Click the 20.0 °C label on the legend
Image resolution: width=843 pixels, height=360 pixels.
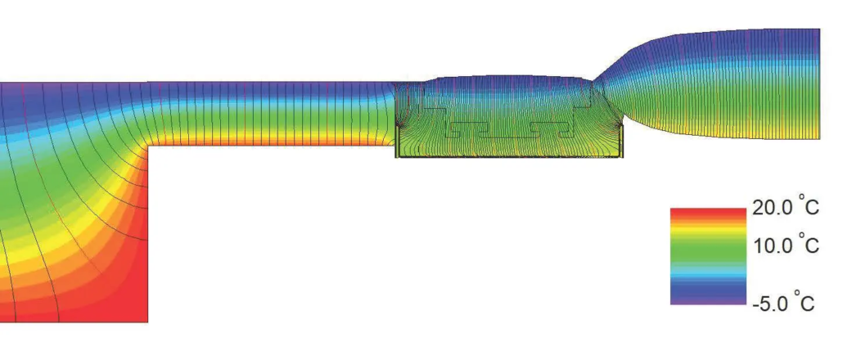pos(785,206)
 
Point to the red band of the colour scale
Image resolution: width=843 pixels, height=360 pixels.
pos(708,214)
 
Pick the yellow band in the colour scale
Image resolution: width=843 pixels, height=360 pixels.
pos(708,233)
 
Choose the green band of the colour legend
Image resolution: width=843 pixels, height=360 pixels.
pos(708,250)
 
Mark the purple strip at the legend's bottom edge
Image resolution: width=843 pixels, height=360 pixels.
pos(708,301)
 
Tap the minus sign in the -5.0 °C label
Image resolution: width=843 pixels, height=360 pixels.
pos(755,304)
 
